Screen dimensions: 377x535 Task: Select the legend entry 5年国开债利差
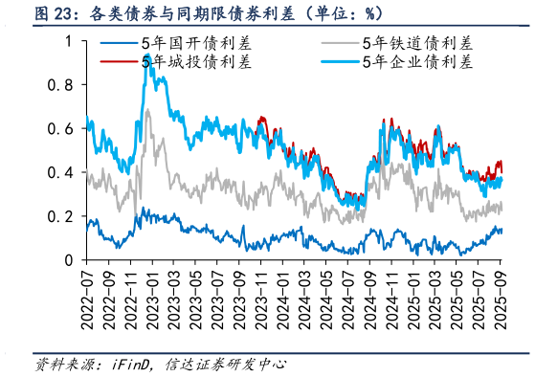pyautogui.click(x=188, y=44)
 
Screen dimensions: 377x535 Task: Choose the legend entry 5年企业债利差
pyautogui.click(x=418, y=63)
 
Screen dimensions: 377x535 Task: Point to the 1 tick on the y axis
pyautogui.click(x=66, y=42)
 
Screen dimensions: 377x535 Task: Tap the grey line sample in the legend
pyautogui.click(x=338, y=44)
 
